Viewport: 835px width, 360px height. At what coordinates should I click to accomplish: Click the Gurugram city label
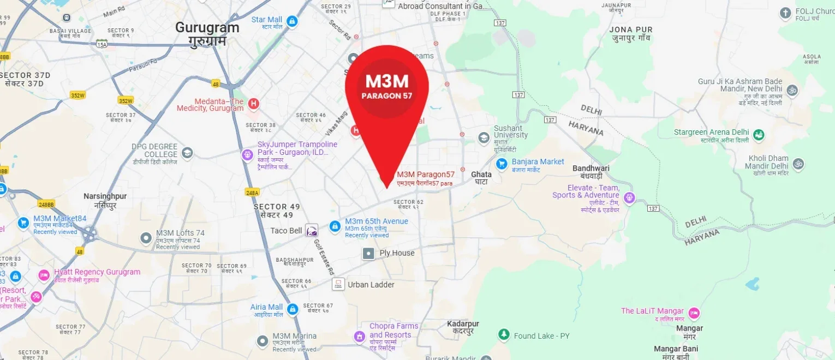207,28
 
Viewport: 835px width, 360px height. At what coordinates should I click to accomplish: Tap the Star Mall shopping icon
292,21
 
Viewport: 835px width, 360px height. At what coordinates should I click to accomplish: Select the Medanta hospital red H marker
253,103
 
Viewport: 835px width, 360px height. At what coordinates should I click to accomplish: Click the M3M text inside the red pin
387,81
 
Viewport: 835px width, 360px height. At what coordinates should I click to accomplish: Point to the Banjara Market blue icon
502,163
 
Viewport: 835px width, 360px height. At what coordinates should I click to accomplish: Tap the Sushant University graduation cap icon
483,137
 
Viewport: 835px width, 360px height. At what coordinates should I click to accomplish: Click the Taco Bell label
286,231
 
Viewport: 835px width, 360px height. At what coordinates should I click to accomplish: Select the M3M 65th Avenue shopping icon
335,225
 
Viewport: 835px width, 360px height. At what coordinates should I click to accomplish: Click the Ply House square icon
369,253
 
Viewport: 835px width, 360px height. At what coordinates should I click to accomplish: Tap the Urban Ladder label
371,285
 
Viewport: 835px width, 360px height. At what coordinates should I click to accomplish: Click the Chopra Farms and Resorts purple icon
359,337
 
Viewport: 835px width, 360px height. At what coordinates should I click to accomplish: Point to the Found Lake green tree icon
504,334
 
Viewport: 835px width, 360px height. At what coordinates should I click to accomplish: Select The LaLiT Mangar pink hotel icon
694,313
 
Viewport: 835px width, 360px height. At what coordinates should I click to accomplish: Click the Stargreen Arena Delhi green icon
758,135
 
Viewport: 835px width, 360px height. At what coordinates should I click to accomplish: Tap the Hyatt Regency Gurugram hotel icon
44,275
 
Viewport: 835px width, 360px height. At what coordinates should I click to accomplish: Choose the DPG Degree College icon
187,153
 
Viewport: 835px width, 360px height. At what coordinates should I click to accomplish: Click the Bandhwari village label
591,169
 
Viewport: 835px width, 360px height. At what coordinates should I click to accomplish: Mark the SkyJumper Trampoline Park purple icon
248,154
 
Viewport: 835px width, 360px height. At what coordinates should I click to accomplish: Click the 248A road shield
252,193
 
